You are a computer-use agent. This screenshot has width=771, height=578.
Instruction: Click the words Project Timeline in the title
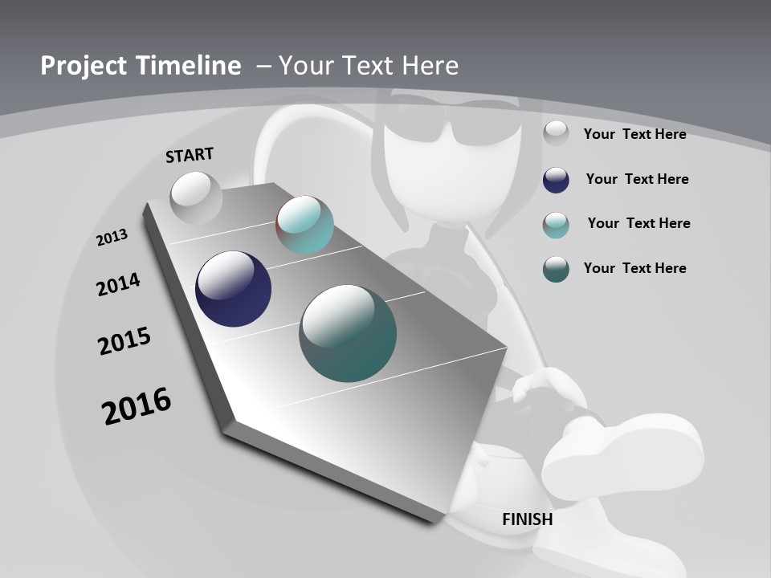click(x=141, y=66)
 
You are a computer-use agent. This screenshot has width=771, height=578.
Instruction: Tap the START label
click(x=190, y=155)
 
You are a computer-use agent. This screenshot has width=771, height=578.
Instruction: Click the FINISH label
click(x=527, y=519)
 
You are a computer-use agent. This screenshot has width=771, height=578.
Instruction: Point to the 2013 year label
click(x=112, y=238)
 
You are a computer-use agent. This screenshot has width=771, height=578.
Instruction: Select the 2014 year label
click(x=118, y=284)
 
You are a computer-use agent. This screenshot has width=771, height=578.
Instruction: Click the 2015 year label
click(x=124, y=341)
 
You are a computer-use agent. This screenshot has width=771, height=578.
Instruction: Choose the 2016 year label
click(x=137, y=406)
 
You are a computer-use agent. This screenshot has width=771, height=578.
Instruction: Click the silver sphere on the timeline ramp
click(x=196, y=198)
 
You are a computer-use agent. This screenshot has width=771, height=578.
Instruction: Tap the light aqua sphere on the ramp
click(x=304, y=225)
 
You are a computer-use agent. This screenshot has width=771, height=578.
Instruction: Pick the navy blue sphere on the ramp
click(x=233, y=289)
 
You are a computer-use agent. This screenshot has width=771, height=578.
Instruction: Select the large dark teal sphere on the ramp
click(x=348, y=333)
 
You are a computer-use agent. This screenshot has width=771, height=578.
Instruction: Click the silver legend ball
click(x=556, y=134)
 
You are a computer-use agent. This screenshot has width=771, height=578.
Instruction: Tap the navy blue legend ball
click(x=556, y=180)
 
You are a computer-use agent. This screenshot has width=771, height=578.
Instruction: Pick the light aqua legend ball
click(x=556, y=225)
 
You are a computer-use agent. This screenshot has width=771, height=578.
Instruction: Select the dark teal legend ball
click(x=556, y=269)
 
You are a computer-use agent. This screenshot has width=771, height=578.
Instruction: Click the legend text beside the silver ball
click(x=634, y=134)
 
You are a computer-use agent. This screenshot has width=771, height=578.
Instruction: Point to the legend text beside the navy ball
click(x=637, y=179)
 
